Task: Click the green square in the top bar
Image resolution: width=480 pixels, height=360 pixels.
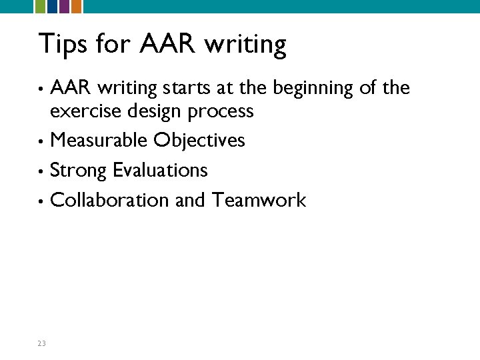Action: point(39,6)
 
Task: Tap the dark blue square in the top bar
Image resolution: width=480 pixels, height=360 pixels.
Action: point(51,6)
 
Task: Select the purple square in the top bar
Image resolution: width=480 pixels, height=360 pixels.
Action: point(64,6)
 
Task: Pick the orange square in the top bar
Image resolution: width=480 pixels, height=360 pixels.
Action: point(76,6)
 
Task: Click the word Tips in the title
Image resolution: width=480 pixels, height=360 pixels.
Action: point(64,44)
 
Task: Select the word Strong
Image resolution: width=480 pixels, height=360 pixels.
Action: point(79,171)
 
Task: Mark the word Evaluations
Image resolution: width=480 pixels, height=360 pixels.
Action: point(160,170)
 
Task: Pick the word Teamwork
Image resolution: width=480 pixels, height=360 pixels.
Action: point(259,200)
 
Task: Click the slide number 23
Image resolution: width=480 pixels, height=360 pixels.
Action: point(41,343)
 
